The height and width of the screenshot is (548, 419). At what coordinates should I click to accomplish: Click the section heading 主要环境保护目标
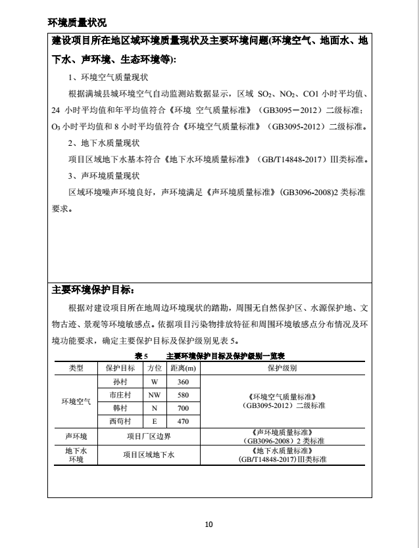point(92,289)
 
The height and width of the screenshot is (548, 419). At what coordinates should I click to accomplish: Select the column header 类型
point(76,369)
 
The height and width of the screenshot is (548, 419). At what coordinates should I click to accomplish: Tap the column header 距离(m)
point(183,369)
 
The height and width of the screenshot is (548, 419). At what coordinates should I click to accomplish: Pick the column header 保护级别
point(282,369)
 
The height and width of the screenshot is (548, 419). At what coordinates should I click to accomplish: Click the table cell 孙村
point(120,382)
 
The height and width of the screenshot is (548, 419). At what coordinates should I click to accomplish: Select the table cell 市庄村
point(120,395)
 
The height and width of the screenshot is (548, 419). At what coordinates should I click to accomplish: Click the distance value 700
point(183,408)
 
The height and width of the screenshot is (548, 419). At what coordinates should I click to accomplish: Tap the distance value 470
point(183,421)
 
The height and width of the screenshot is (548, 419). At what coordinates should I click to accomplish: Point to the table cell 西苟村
point(120,421)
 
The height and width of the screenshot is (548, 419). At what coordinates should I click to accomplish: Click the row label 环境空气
point(76,401)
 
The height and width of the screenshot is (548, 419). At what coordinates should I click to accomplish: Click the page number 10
point(209,524)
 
